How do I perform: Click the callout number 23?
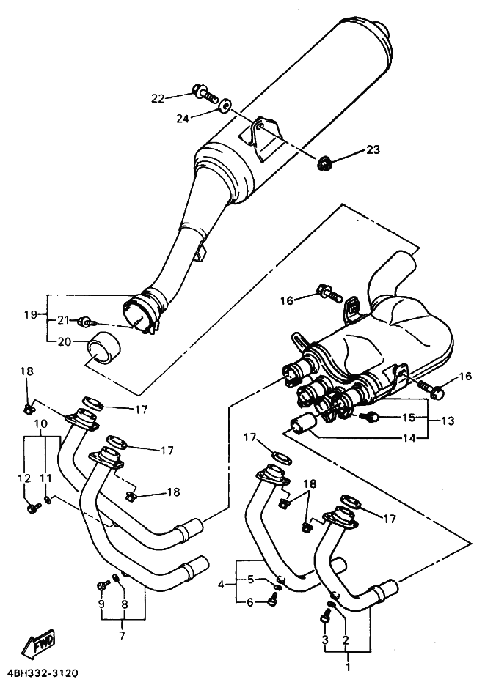(373, 150)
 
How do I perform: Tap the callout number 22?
(158, 99)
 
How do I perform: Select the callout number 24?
(183, 118)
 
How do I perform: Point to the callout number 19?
(31, 314)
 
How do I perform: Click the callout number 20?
(65, 342)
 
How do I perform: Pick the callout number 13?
(448, 421)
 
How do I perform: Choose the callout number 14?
(409, 437)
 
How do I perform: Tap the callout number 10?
(42, 423)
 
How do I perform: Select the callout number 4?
(222, 584)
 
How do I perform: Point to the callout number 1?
(348, 667)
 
